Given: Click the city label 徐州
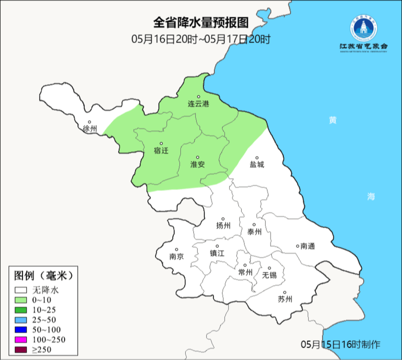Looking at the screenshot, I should point(90,129).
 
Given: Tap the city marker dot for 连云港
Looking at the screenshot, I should point(199,96).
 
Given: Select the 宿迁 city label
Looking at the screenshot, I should point(161,150).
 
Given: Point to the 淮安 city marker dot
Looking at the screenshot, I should point(197,158).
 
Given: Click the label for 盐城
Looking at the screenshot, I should point(257,164).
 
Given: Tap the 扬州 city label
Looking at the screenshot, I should point(223,225).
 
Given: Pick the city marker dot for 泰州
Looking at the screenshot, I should point(254,225).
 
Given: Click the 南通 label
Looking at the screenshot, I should point(308,246).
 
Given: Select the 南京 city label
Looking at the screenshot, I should point(177,257).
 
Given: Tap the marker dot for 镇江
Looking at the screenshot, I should point(217,246).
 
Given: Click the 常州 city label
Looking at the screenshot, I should point(245,272).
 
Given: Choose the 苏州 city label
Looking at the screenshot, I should point(285,299).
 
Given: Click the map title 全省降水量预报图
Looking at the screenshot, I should point(201,23).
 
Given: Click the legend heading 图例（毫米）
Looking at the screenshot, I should point(44,276).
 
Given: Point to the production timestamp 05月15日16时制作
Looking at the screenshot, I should point(341,345).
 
